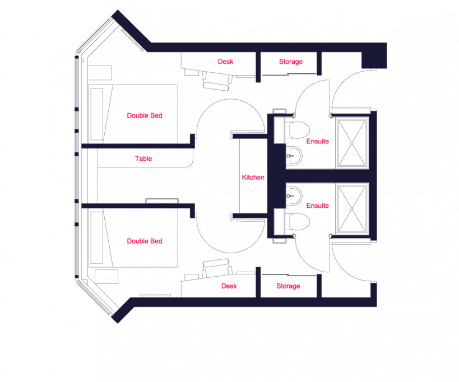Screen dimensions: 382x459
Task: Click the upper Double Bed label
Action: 145,115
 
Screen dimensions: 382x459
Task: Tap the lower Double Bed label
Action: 145,241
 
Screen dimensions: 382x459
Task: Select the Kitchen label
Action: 253,177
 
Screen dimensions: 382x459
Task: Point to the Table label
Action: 143,159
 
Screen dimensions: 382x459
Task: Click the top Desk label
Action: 225,62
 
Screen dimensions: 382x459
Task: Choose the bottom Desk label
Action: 229,286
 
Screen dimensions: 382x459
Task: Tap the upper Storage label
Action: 291,62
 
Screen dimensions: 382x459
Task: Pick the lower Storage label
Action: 288,286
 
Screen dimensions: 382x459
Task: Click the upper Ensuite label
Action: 317,142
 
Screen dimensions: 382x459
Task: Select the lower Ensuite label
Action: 317,206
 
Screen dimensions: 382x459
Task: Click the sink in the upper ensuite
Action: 295,155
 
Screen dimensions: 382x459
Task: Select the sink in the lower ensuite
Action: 295,195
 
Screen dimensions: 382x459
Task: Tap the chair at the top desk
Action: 216,80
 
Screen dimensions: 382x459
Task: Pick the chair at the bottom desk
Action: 216,269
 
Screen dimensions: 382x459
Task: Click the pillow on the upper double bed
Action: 97,114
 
